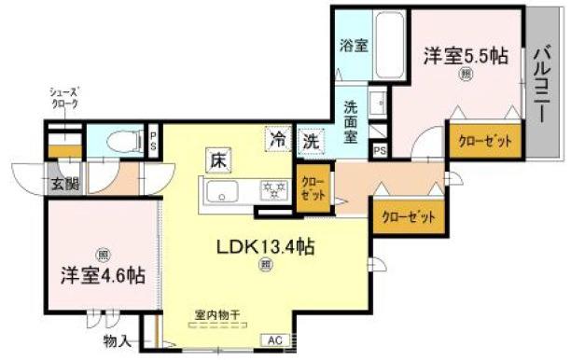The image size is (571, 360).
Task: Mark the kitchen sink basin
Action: click(224, 194)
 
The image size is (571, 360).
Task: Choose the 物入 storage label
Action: click(117, 340)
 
